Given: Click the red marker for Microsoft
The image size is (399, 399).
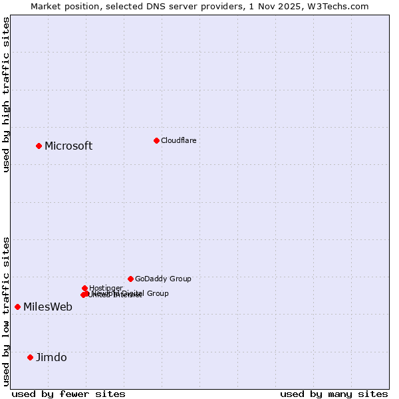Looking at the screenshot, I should [39, 146].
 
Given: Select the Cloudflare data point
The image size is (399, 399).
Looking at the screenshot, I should [156, 140].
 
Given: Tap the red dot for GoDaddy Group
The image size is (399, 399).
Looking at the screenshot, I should [130, 279].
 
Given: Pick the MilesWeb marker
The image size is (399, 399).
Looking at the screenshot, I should [17, 307].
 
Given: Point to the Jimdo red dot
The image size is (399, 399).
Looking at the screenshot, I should [30, 357].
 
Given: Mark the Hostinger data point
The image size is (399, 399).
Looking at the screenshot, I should [84, 288].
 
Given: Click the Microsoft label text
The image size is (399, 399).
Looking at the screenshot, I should [68, 146].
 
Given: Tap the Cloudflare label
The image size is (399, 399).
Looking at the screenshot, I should [179, 140].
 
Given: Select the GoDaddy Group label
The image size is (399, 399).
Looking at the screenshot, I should [163, 279].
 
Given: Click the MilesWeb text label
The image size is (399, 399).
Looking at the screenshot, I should [48, 307].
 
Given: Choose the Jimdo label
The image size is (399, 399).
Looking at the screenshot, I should [51, 358].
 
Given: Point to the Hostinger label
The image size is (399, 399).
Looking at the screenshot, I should [106, 288].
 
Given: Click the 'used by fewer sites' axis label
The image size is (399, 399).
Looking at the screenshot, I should [68, 394].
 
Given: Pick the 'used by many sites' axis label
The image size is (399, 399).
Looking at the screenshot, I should [334, 394].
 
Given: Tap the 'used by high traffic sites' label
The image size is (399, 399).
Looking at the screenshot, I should [7, 95].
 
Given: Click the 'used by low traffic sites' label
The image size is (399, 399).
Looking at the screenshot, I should [7, 311].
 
